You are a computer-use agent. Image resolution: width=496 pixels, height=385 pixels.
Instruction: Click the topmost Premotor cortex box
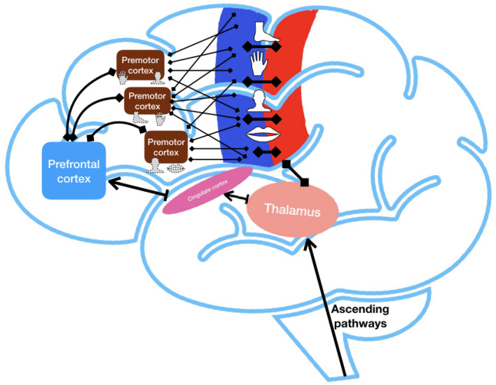click(x=143, y=62)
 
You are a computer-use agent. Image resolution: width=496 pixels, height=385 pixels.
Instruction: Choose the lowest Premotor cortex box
click(x=167, y=146)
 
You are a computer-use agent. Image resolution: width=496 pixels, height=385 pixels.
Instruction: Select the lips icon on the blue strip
click(x=261, y=134)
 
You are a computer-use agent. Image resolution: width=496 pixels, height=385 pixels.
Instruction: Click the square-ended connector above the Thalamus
click(x=294, y=174)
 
